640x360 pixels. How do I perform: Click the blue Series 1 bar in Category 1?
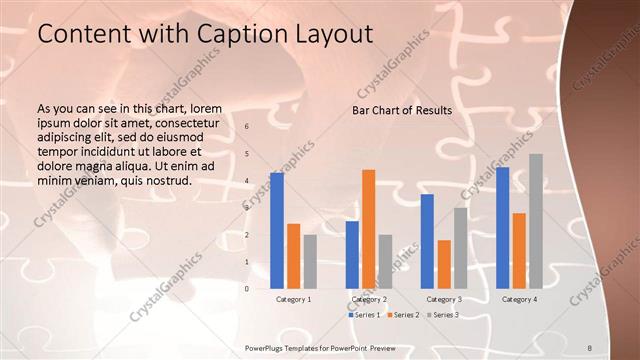277,231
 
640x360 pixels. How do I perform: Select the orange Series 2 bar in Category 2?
368,229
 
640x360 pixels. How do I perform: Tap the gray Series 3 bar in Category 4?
536,221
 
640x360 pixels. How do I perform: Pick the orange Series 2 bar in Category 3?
444,264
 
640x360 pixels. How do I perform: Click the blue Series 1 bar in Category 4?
502,228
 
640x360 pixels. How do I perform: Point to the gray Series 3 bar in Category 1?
310,262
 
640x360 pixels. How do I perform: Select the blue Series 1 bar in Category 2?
352,255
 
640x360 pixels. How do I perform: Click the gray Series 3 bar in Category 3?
460,248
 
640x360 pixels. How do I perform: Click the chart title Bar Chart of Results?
402,110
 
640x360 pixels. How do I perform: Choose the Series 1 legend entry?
365,315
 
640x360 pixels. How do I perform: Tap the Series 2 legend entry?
404,315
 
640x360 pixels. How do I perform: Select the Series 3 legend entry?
443,315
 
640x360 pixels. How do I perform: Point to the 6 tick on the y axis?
247,127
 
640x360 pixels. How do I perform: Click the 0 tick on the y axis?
247,289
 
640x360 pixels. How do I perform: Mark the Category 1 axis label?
294,299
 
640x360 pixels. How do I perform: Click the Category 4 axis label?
519,299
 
